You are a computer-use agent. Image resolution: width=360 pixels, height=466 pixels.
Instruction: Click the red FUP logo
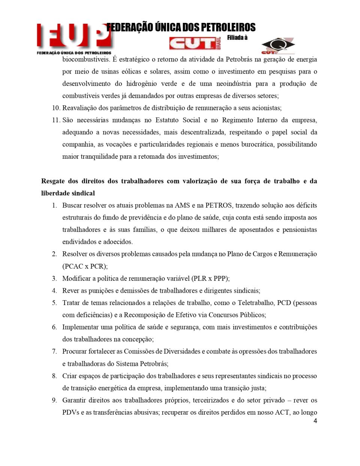click(74, 38)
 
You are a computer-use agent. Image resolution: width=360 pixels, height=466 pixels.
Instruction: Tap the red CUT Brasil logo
click(194, 44)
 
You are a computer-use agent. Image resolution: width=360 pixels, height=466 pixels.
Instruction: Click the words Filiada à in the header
click(237, 38)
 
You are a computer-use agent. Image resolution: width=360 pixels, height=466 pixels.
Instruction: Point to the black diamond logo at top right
click(278, 46)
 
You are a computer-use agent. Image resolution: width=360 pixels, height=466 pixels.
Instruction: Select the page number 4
click(315, 421)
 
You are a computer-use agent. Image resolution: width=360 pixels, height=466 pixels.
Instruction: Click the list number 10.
click(56, 108)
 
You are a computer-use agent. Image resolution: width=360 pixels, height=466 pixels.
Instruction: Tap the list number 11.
click(56, 120)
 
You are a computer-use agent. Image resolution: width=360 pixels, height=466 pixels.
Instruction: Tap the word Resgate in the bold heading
click(53, 181)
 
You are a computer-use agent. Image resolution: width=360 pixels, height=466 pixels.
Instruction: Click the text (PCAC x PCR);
click(85, 266)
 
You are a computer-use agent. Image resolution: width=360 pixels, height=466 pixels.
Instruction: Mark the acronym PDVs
click(70, 412)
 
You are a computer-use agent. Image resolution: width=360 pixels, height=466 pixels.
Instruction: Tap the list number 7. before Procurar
click(54, 352)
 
